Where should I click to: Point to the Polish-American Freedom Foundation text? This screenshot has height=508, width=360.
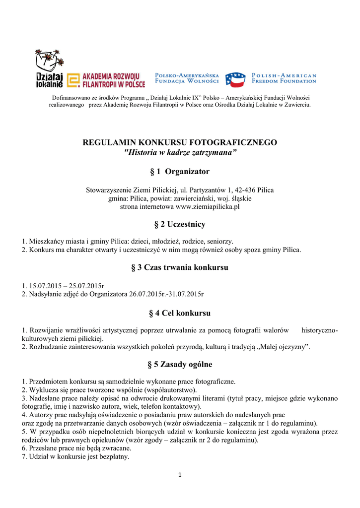(284, 78)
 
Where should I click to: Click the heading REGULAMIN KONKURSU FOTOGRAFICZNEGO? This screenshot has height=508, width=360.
(180, 142)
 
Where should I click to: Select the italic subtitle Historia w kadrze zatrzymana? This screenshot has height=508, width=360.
(180, 152)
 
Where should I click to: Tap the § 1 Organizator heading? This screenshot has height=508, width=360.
(180, 172)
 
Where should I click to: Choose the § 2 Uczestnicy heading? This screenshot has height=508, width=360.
(180, 225)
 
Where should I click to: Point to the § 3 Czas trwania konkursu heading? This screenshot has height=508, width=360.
(180, 268)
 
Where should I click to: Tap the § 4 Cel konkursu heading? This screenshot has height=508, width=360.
(180, 314)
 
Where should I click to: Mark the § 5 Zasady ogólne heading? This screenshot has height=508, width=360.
(180, 365)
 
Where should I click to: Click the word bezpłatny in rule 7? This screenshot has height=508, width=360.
(113, 456)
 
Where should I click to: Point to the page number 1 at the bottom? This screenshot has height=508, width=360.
(180, 475)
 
